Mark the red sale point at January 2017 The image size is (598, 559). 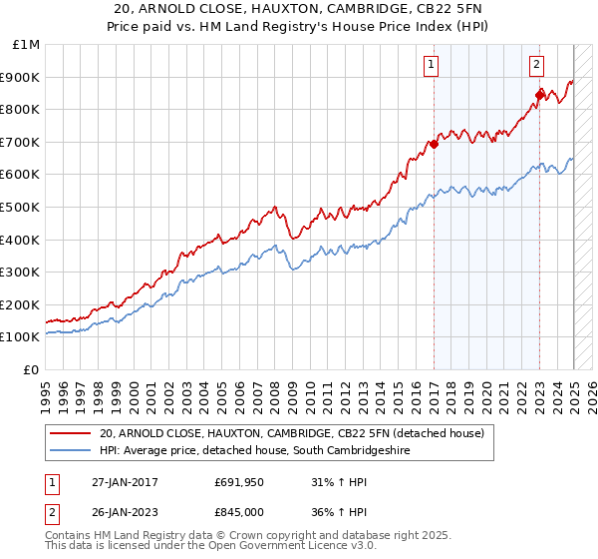tap(434, 144)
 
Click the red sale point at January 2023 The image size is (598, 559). tap(539, 95)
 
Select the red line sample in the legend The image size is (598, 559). tap(72, 433)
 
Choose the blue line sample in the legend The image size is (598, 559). tap(72, 451)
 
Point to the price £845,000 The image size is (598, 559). tap(244, 512)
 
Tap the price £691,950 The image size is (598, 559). tap(244, 482)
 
